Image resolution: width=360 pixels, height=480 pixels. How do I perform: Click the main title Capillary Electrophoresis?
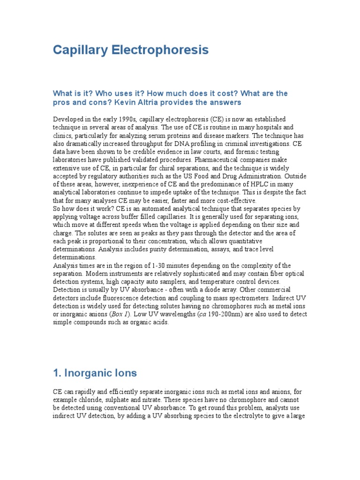click(x=131, y=50)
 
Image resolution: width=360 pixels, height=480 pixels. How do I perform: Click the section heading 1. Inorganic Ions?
click(x=95, y=373)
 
